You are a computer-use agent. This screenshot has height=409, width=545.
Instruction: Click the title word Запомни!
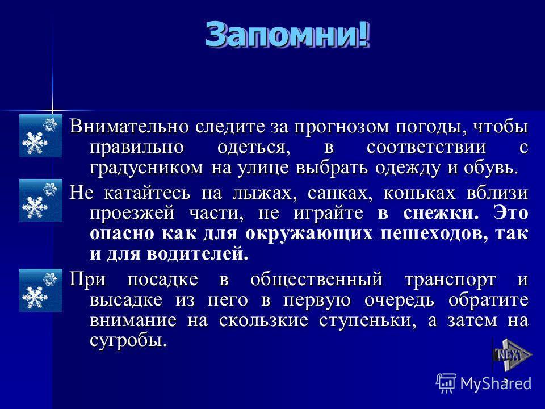(287, 34)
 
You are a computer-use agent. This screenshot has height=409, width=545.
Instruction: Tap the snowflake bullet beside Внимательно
(41, 136)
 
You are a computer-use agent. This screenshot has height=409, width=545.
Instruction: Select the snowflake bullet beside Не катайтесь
(41, 201)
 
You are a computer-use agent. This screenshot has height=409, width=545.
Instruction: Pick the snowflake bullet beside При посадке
(41, 290)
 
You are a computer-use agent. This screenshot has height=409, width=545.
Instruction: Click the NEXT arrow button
(512, 355)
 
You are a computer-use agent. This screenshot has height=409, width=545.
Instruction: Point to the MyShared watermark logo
(484, 383)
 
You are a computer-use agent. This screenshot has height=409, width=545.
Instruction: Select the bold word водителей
(198, 254)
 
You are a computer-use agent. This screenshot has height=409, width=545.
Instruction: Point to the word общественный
(316, 279)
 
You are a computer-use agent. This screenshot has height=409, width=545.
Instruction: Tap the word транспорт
(450, 280)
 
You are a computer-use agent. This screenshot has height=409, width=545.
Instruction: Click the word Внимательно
(128, 126)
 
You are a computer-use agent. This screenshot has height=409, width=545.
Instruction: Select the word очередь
(399, 301)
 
